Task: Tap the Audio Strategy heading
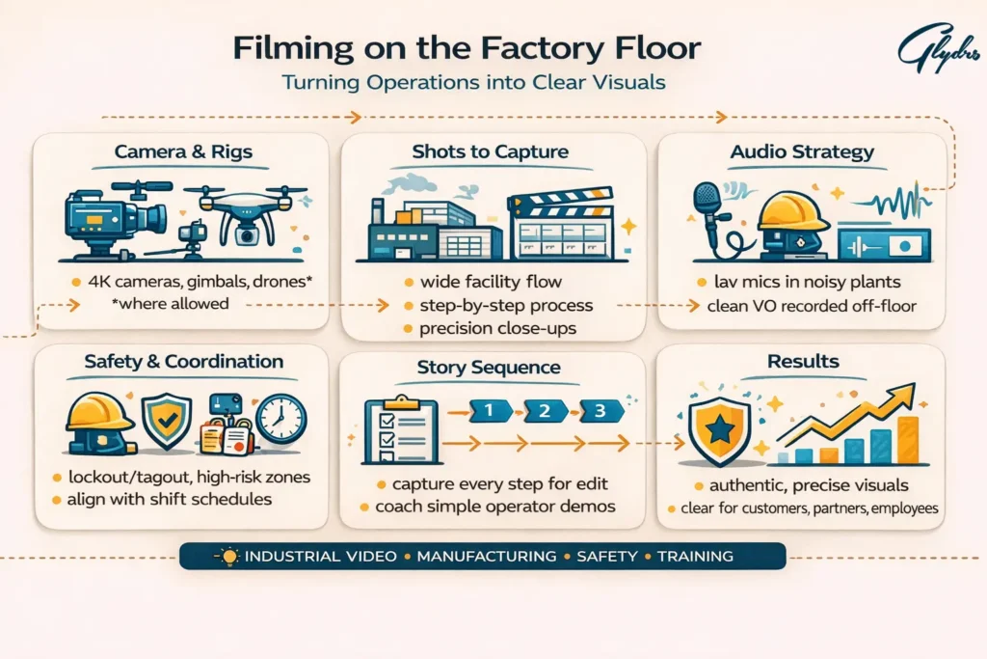point(802,151)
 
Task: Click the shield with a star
point(718,428)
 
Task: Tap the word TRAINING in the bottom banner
point(695,557)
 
